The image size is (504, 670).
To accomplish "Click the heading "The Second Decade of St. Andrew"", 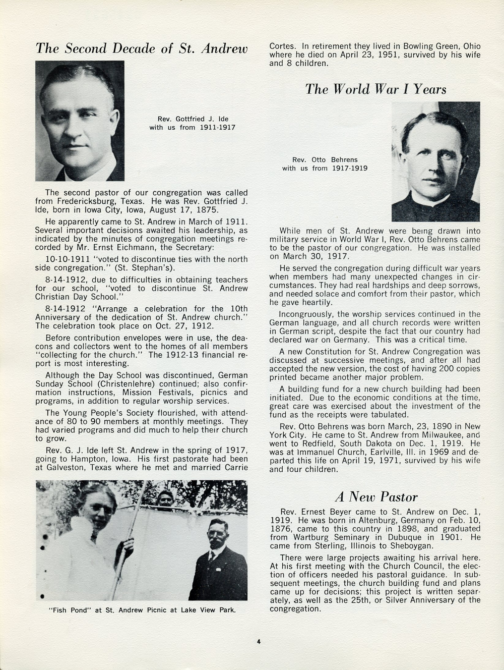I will click(142, 48).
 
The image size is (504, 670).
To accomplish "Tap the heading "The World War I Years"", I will click(375, 89).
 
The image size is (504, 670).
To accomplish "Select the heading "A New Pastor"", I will click(376, 497).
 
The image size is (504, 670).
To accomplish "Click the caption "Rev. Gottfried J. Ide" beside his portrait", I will click(193, 119).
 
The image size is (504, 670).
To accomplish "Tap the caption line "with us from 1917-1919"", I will click(325, 168).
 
